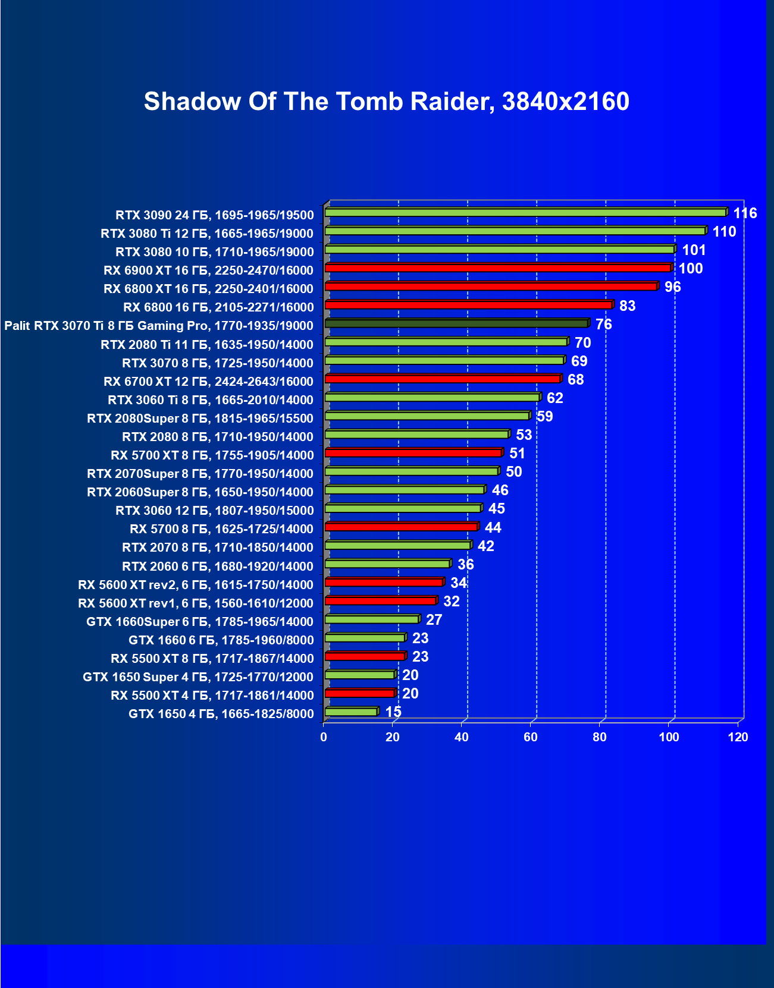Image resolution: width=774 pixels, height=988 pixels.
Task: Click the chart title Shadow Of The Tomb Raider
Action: pyautogui.click(x=386, y=102)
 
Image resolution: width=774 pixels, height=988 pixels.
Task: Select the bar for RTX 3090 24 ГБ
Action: pyautogui.click(x=525, y=212)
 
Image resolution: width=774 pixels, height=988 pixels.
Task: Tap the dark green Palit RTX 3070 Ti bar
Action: pyautogui.click(x=456, y=323)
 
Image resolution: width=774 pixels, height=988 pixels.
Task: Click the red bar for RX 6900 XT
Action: pyautogui.click(x=497, y=268)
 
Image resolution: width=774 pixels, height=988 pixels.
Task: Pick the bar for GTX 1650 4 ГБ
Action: pyautogui.click(x=351, y=712)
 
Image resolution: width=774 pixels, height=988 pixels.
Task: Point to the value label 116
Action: pyautogui.click(x=745, y=213)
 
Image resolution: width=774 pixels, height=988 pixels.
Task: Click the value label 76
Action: pyautogui.click(x=603, y=324)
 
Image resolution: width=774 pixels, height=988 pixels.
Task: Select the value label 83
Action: pyautogui.click(x=627, y=306)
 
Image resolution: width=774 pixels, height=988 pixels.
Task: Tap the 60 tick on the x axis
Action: pyautogui.click(x=531, y=737)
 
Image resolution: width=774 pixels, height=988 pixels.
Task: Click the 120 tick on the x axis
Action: pyautogui.click(x=738, y=737)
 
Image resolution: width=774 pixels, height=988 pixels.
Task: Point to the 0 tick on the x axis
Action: pyautogui.click(x=324, y=737)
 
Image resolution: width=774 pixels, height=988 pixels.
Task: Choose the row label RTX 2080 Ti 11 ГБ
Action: pyautogui.click(x=206, y=344)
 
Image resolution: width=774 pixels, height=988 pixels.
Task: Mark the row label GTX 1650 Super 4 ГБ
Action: pyautogui.click(x=198, y=677)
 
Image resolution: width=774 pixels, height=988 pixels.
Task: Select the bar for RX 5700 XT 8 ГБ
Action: pyautogui.click(x=413, y=453)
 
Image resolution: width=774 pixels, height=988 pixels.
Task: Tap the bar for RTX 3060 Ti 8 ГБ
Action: pyautogui.click(x=432, y=397)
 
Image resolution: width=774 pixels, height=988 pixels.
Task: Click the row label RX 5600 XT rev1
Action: pyautogui.click(x=195, y=603)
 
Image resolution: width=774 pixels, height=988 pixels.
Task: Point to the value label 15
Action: pyautogui.click(x=393, y=712)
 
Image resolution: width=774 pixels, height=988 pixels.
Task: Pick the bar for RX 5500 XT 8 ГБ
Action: pyautogui.click(x=365, y=656)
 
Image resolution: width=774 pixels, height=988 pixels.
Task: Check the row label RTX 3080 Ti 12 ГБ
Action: pyautogui.click(x=206, y=233)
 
